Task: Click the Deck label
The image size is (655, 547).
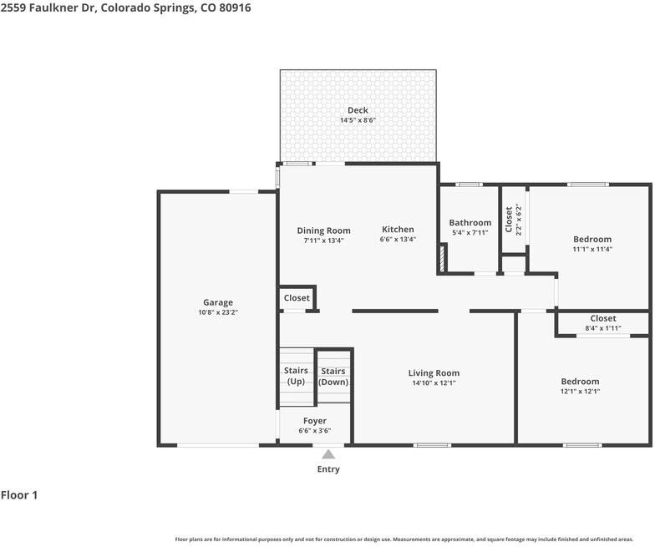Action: tap(358, 110)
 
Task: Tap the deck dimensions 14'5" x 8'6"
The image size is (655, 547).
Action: tap(358, 120)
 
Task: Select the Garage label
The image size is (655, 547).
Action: tap(218, 302)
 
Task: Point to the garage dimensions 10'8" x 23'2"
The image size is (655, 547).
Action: tap(218, 312)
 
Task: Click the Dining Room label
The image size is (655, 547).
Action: tap(323, 230)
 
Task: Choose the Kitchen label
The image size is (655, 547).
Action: tap(398, 230)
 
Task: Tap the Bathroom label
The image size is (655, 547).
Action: tap(470, 222)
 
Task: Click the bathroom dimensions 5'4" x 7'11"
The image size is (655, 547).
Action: tap(470, 233)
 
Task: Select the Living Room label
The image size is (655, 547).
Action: tap(434, 373)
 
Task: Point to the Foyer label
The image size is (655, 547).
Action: tap(315, 421)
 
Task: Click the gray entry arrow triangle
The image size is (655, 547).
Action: tap(328, 455)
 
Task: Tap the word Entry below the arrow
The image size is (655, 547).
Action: tap(328, 469)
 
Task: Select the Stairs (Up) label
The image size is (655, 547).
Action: tap(296, 376)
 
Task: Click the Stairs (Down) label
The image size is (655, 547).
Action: tap(333, 377)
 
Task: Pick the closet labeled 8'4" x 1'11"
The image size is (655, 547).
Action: tap(602, 323)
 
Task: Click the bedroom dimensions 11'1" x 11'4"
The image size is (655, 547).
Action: tap(592, 249)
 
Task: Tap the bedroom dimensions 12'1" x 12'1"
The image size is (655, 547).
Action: tap(580, 391)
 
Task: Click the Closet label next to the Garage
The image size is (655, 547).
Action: tap(297, 297)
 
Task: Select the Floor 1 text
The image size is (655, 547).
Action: tap(19, 495)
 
